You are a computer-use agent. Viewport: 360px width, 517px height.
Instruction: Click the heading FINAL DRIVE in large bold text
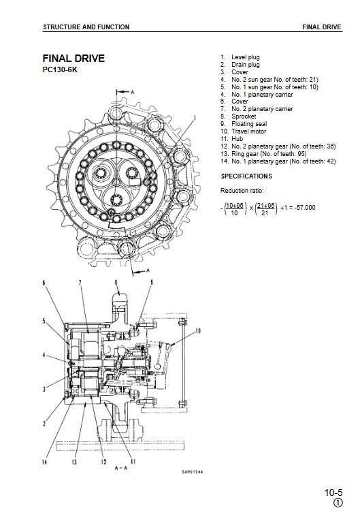73,59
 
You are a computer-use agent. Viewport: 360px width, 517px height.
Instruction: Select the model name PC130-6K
60,70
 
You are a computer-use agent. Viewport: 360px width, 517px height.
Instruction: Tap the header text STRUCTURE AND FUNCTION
86,27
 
